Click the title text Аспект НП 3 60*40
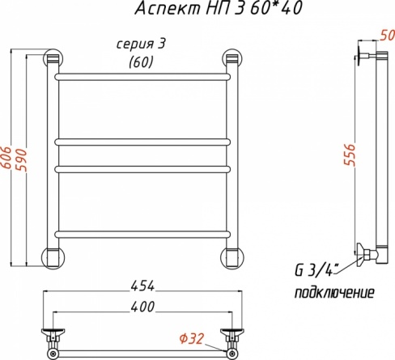(x=218, y=8)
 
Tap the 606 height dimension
(x=6, y=158)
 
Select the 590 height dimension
(x=22, y=159)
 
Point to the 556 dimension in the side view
(x=350, y=155)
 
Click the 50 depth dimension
(x=387, y=36)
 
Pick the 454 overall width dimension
(x=142, y=286)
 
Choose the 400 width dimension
(x=142, y=307)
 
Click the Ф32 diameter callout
(x=191, y=339)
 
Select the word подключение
(x=334, y=292)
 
